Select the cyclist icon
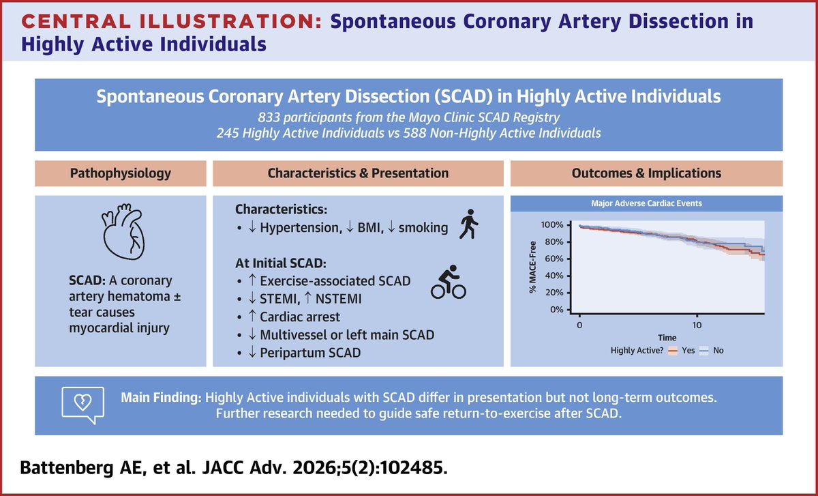pyautogui.click(x=448, y=284)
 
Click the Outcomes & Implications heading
pyautogui.click(x=645, y=173)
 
